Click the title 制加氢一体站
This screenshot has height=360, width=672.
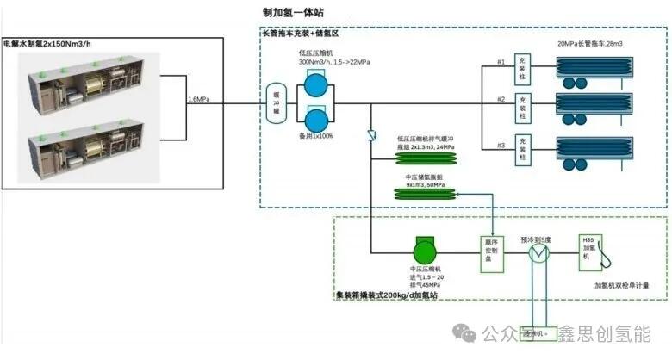(294, 12)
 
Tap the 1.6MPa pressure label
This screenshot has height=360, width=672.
(201, 100)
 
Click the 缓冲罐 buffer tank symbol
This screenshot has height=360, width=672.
(276, 102)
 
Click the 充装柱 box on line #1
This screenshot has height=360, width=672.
(521, 65)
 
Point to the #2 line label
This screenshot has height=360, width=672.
(500, 100)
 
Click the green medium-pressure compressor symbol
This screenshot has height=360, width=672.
(425, 251)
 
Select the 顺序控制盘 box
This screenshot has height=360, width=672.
(492, 252)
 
